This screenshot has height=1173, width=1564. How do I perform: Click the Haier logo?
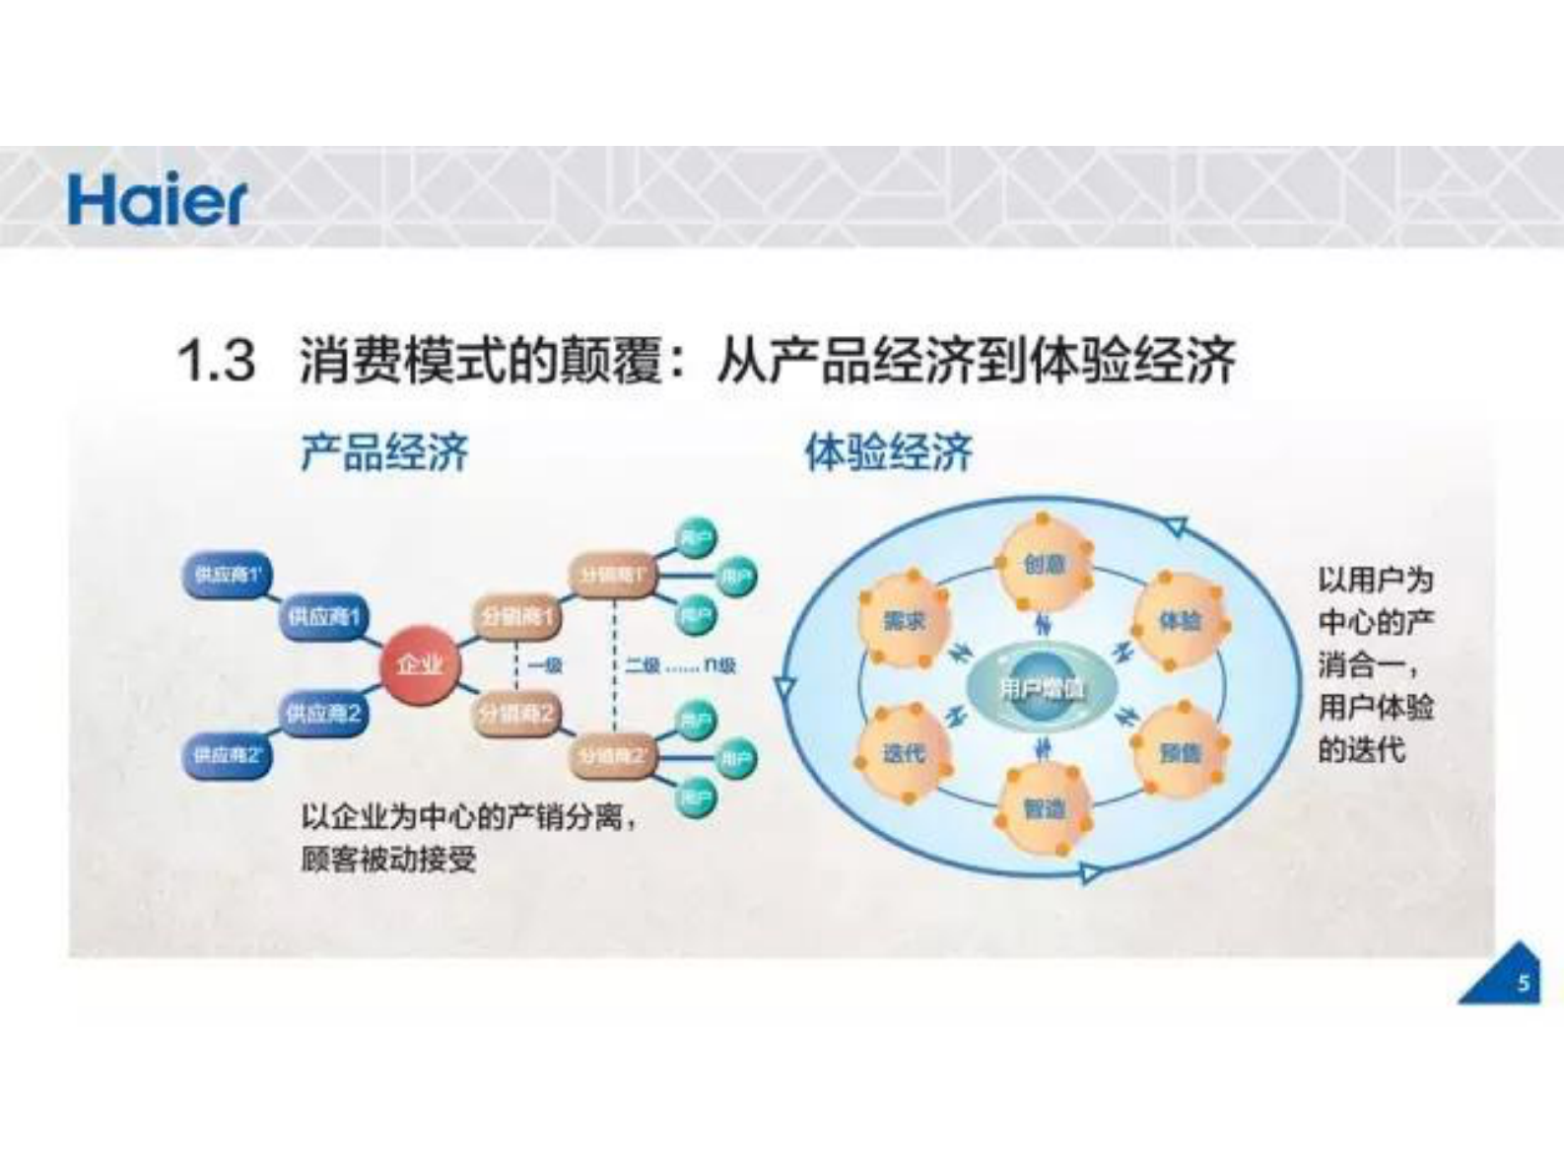[x=157, y=201]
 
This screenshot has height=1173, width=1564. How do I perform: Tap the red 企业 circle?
[x=420, y=665]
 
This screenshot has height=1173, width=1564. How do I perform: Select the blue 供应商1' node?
[x=228, y=575]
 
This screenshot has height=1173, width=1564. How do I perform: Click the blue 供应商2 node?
[x=323, y=713]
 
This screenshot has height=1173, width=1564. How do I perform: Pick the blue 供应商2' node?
[x=228, y=756]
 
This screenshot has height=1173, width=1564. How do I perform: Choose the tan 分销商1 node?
[x=517, y=617]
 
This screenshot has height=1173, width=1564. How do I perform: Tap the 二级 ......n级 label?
[x=680, y=665]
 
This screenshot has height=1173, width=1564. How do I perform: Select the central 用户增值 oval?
[x=1042, y=688]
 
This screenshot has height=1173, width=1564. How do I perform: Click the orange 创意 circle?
[x=1045, y=564]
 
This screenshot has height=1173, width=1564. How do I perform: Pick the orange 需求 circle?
[x=904, y=621]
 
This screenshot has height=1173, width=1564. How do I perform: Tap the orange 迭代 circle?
[x=904, y=753]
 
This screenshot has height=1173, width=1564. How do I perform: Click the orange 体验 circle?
[x=1181, y=621]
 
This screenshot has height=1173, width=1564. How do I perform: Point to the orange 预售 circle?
[x=1181, y=753]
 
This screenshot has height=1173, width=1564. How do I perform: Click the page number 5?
[x=1523, y=983]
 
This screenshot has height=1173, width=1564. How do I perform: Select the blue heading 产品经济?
[x=385, y=453]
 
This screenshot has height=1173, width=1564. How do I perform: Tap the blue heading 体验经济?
[x=889, y=453]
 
